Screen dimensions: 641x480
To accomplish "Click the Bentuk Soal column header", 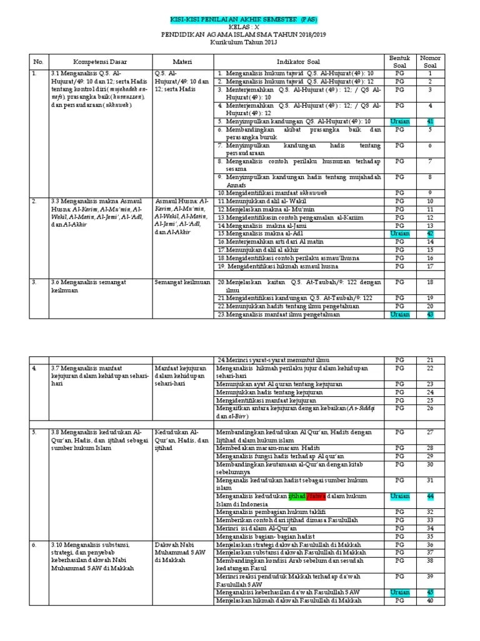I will pyautogui.click(x=399, y=62).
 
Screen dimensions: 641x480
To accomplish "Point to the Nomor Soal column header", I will pyautogui.click(x=430, y=62).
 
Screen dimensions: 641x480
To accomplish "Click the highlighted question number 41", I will pyautogui.click(x=430, y=121).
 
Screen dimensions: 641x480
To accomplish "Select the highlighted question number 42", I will pyautogui.click(x=430, y=233).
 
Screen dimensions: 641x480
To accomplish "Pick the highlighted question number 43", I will pyautogui.click(x=430, y=315).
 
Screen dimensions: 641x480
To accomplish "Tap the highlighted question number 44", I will pyautogui.click(x=430, y=496).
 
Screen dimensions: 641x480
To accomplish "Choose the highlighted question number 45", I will pyautogui.click(x=430, y=592).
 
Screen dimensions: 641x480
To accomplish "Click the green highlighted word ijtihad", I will pyautogui.click(x=297, y=496).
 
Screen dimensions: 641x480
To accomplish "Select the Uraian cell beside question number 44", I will pyautogui.click(x=400, y=496).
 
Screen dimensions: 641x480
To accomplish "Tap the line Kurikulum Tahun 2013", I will pyautogui.click(x=239, y=43).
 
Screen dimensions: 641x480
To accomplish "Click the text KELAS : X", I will pyautogui.click(x=239, y=28).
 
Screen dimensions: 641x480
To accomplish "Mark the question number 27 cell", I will pyautogui.click(x=430, y=432).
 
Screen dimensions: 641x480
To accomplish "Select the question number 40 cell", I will pyautogui.click(x=430, y=601).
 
